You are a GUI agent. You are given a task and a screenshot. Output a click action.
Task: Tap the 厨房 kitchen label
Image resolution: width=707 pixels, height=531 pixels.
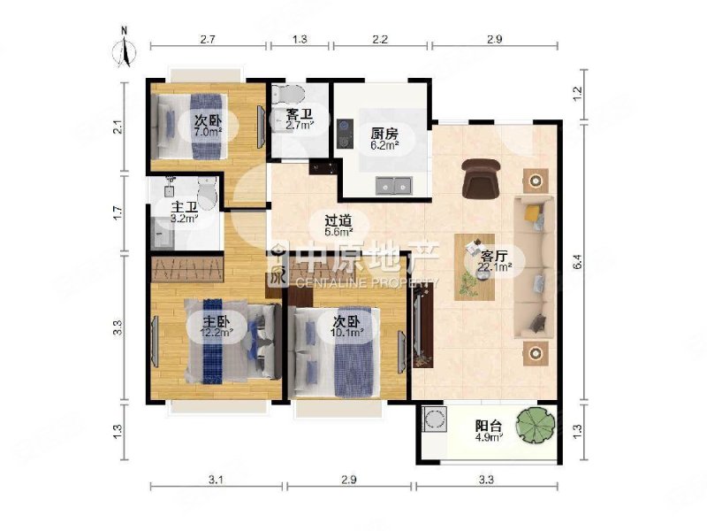[384, 134]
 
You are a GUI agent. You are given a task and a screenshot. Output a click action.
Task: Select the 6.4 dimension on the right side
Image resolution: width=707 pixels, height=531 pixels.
[579, 262]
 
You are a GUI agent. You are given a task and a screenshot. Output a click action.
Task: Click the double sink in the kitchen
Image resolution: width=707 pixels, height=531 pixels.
[393, 185]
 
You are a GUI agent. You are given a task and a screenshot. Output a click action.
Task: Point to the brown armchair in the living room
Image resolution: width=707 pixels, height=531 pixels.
[481, 178]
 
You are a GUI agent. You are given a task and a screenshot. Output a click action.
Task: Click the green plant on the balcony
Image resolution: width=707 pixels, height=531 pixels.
[536, 427]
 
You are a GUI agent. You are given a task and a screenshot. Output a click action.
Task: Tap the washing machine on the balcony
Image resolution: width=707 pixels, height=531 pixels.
[435, 419]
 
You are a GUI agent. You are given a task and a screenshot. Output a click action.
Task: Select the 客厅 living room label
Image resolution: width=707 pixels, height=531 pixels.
[493, 256]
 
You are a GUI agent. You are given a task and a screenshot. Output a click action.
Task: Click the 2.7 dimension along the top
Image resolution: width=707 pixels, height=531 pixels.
[207, 39]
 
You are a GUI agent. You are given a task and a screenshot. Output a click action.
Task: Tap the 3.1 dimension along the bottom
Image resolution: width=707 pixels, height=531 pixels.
[216, 479]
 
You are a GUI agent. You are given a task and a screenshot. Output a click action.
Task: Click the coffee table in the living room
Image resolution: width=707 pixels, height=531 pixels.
[475, 267]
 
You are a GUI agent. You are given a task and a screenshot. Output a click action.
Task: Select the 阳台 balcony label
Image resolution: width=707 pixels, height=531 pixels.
[489, 426]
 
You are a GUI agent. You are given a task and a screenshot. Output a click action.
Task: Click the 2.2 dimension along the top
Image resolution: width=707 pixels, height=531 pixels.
[380, 39]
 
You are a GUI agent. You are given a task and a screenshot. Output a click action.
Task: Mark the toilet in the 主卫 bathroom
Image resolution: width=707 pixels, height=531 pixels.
[208, 194]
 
